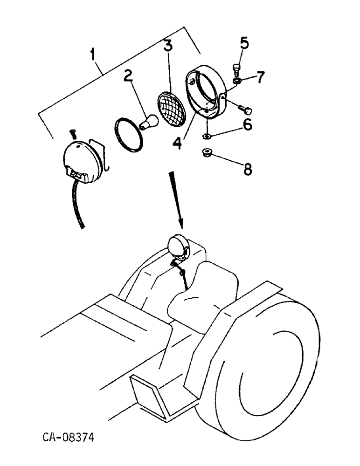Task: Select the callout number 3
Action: tap(167, 47)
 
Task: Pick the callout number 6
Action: tap(247, 124)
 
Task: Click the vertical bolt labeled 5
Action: tap(235, 70)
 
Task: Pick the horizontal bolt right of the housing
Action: tap(244, 110)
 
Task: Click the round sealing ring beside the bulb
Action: tap(129, 135)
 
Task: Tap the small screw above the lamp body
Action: tap(73, 133)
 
